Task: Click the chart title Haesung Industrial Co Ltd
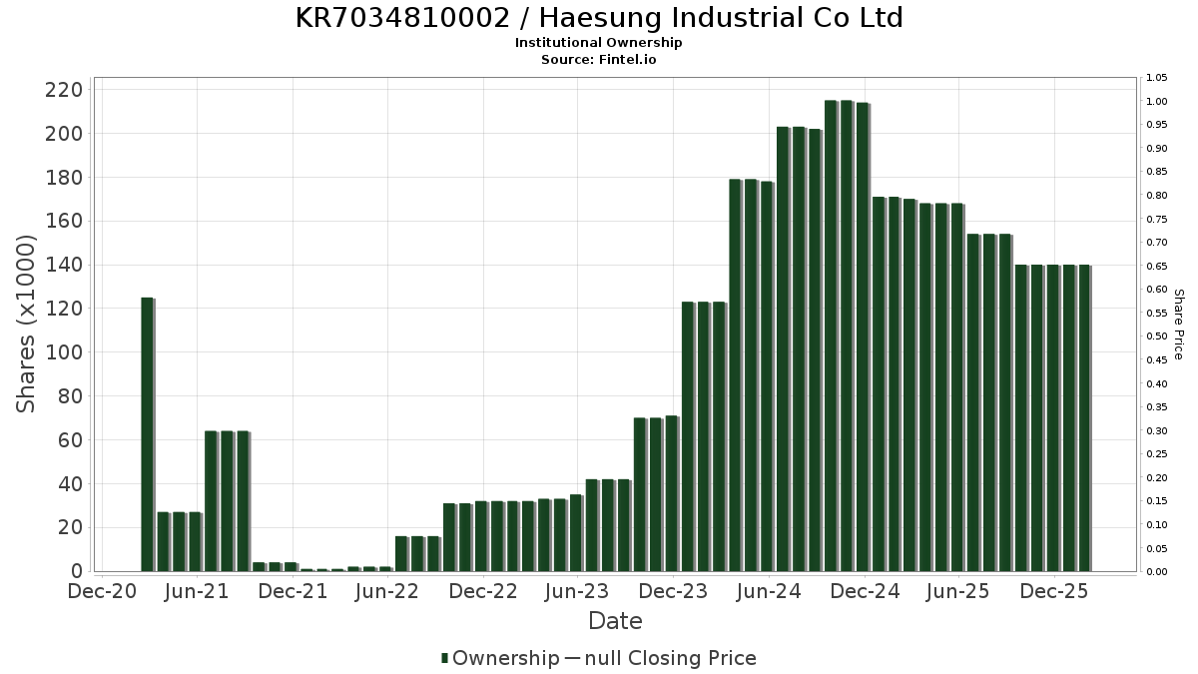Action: (x=599, y=18)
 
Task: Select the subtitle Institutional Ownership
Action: (x=599, y=43)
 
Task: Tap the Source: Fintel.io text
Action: (x=599, y=59)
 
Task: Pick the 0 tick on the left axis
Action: (x=76, y=571)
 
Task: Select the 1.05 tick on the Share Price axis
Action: (x=1157, y=78)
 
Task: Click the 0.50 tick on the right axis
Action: (x=1157, y=337)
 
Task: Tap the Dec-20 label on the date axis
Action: (x=101, y=592)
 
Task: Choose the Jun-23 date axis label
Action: (x=578, y=592)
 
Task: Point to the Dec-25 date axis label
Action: (x=1054, y=592)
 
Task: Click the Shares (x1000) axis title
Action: (x=27, y=324)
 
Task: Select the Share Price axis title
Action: (x=1178, y=325)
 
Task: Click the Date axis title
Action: (x=615, y=621)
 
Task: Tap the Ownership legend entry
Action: (x=501, y=658)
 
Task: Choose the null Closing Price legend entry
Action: (x=661, y=658)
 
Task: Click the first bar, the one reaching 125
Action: (x=148, y=434)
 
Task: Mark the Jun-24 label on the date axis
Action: (x=769, y=592)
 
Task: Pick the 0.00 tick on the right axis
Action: (x=1157, y=572)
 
